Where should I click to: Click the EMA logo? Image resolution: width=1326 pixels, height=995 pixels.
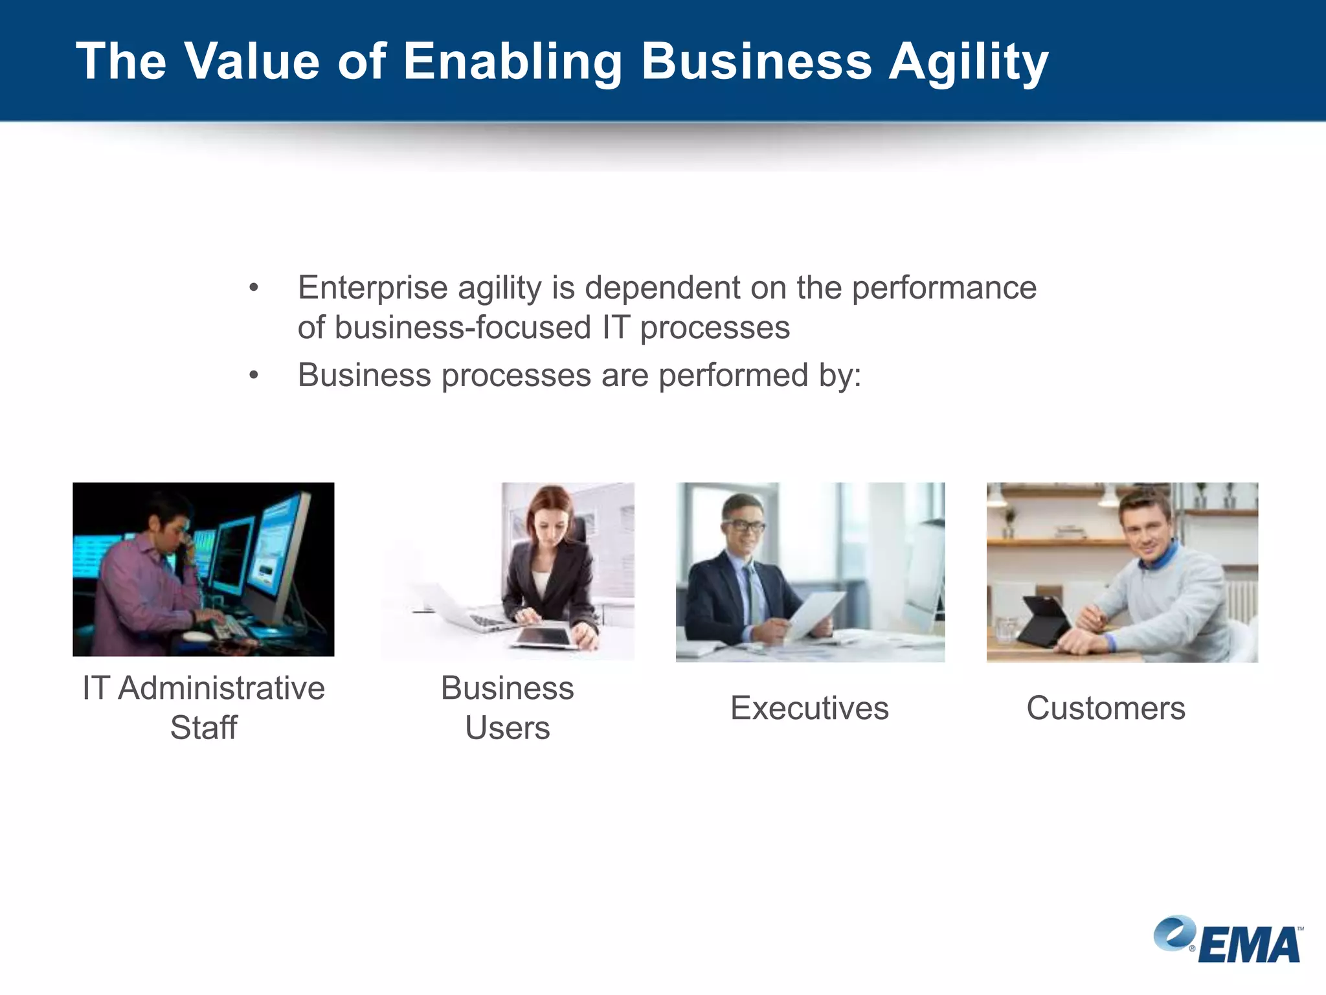click(1228, 940)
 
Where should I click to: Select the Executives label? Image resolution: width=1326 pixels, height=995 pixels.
click(809, 707)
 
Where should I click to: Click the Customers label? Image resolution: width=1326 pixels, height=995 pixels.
click(1105, 707)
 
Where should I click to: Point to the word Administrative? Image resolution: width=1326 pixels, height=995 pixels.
click(221, 688)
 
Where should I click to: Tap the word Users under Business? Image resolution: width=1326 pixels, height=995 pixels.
click(507, 727)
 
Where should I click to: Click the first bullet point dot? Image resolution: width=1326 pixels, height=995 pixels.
click(254, 288)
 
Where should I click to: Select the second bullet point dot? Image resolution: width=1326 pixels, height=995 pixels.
click(254, 375)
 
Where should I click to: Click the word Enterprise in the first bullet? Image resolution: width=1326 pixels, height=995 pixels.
click(372, 288)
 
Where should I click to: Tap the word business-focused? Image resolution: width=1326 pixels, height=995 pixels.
click(463, 327)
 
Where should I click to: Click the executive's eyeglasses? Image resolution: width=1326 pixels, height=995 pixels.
click(745, 526)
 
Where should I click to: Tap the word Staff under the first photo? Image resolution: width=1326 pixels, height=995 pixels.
click(203, 727)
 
